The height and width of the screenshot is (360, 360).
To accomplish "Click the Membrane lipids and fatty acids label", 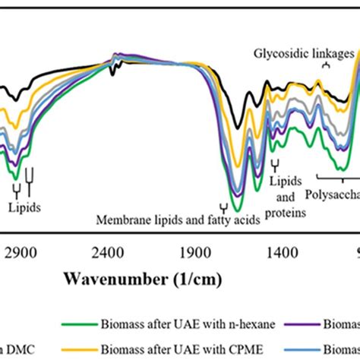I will click(179, 220).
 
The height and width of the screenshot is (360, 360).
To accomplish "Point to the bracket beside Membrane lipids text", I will click(223, 207).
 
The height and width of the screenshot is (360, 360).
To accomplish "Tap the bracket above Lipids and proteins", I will click(275, 164).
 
